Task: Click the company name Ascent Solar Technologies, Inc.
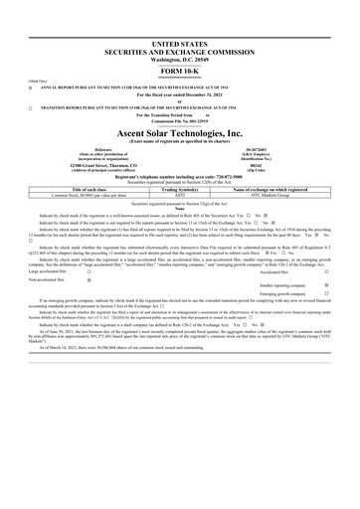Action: pyautogui.click(x=180, y=132)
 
